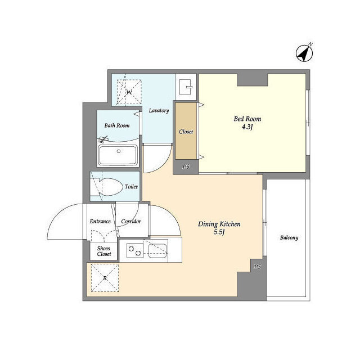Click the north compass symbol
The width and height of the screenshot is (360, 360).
(304, 53)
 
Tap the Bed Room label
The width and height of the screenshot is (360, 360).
(247, 119)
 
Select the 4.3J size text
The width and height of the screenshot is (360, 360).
(247, 127)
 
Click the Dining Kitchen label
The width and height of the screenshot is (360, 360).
(219, 224)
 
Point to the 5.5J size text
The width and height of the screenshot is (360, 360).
(219, 232)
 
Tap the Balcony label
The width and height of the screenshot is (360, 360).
(289, 237)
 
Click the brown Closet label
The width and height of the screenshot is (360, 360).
(186, 132)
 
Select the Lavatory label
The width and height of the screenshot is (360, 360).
(159, 111)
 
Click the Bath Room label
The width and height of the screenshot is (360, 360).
(117, 125)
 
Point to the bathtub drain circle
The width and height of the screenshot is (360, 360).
(119, 151)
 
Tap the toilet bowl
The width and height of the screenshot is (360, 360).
(111, 187)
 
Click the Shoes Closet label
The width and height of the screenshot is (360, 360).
(104, 251)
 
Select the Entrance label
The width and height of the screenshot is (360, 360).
(100, 222)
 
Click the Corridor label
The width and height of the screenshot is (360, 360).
(131, 222)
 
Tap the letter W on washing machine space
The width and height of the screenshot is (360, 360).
(129, 92)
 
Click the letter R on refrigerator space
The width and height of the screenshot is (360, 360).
(105, 278)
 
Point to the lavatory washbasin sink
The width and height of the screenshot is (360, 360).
(185, 87)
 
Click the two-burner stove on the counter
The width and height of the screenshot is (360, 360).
(135, 250)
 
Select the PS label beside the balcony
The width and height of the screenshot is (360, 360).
(258, 267)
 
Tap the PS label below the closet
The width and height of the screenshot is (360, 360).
(186, 167)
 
